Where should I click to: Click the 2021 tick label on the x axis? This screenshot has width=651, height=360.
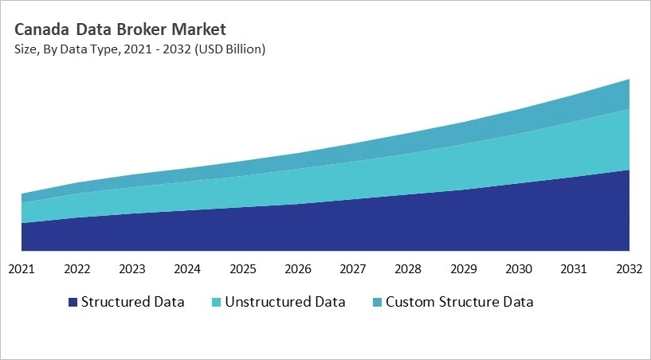tap(22, 268)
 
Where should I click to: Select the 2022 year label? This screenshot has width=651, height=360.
tap(77, 268)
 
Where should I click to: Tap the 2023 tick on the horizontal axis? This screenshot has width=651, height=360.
tap(132, 268)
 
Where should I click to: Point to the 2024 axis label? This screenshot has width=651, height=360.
tap(188, 268)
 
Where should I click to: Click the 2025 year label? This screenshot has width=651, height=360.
tap(243, 268)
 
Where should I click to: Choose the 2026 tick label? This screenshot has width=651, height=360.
tap(299, 268)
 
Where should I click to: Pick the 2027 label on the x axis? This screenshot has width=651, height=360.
tap(354, 268)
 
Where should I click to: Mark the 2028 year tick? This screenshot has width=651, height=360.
tap(410, 268)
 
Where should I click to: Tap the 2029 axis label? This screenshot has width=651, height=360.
tap(465, 268)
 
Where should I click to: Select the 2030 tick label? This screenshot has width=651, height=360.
tap(520, 268)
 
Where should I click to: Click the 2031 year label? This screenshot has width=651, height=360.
tap(575, 268)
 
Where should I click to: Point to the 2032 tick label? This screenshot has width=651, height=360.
tap(629, 268)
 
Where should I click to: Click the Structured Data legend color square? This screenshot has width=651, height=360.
tap(73, 303)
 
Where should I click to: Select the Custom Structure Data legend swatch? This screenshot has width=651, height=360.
tap(377, 303)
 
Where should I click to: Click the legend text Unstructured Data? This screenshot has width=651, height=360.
tap(285, 302)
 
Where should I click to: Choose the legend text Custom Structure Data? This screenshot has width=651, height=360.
tap(459, 302)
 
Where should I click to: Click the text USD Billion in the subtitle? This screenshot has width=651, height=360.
tap(231, 49)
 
